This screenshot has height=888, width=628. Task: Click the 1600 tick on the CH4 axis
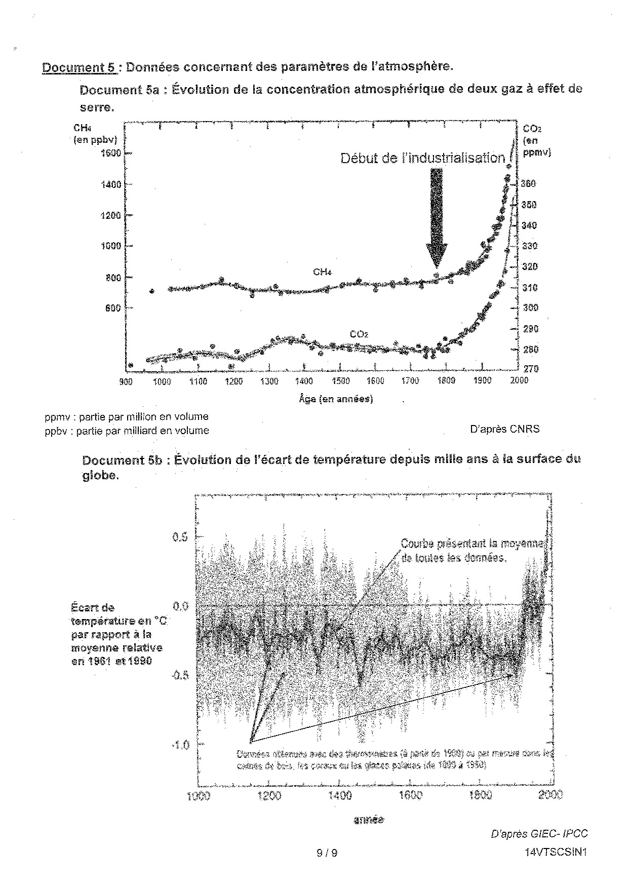tap(111, 153)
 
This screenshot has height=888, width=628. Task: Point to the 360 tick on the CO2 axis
tap(529, 184)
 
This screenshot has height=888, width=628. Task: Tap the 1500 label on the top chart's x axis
tap(340, 381)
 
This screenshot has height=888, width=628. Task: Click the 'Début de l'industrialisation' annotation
tap(422, 158)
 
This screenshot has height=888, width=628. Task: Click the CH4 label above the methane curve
tap(322, 272)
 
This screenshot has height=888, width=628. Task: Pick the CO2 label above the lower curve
tap(359, 334)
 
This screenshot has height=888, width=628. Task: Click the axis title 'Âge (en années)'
tap(336, 399)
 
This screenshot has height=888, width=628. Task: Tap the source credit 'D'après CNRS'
tap(504, 429)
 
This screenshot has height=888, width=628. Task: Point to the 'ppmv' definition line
tap(126, 417)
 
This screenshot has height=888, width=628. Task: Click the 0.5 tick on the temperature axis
tap(181, 536)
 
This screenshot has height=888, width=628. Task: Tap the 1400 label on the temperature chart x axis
tap(339, 795)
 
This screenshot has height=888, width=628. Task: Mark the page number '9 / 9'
tap(327, 853)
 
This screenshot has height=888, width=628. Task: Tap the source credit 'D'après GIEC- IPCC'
tap(539, 834)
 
